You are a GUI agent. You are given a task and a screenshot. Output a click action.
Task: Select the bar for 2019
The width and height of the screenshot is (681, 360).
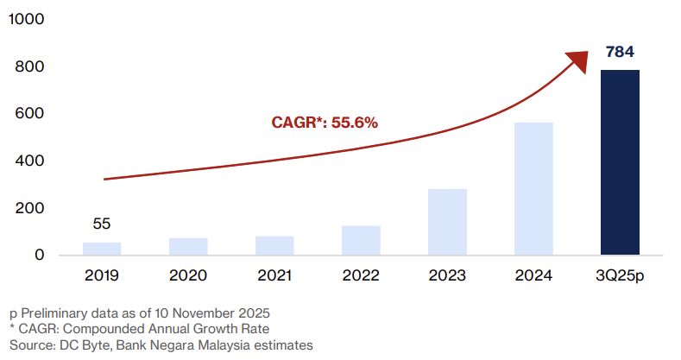click(102, 249)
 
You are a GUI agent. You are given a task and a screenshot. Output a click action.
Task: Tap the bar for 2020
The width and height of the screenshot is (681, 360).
click(188, 246)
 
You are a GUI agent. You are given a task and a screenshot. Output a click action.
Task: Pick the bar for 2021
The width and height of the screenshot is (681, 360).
click(274, 245)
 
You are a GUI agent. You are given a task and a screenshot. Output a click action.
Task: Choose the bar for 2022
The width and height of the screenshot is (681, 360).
click(361, 240)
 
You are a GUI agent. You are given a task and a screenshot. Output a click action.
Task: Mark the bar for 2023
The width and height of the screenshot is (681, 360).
click(447, 222)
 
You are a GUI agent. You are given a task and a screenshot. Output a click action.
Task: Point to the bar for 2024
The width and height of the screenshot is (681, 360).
click(533, 188)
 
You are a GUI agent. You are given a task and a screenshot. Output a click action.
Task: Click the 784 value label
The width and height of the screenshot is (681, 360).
click(620, 53)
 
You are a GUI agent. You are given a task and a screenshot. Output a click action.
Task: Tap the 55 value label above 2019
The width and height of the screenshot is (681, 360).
click(102, 224)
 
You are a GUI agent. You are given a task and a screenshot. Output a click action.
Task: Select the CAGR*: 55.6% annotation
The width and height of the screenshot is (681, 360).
click(325, 123)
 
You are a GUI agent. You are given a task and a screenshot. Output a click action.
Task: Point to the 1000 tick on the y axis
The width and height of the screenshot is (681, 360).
click(27, 19)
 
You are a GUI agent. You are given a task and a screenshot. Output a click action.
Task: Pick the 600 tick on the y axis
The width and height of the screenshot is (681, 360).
click(31, 114)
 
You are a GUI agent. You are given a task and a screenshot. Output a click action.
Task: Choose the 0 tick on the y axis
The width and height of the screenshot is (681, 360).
click(40, 256)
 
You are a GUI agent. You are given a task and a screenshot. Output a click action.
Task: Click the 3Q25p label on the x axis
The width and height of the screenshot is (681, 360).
click(620, 279)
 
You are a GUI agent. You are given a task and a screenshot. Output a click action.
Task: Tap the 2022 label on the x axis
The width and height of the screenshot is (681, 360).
click(361, 279)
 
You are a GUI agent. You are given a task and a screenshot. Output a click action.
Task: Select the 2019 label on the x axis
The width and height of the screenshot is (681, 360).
click(102, 279)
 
